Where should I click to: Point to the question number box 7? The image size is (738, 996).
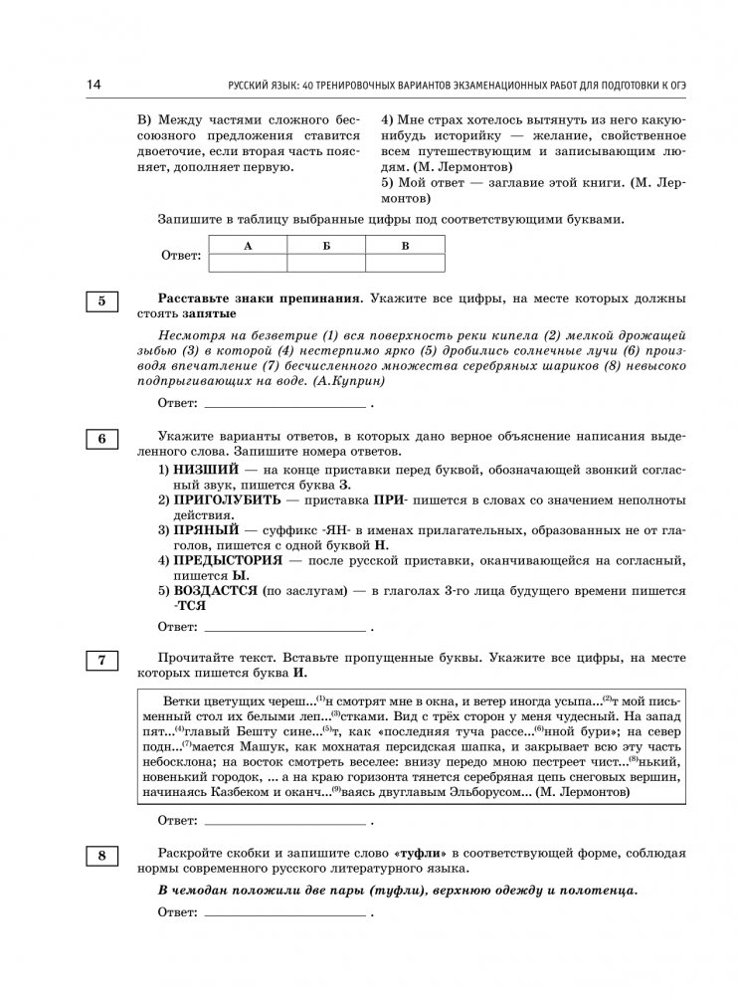tap(101, 660)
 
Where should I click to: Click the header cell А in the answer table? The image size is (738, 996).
tap(248, 245)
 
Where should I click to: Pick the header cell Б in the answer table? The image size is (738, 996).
tap(326, 245)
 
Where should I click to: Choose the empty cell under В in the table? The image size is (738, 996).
tap(405, 263)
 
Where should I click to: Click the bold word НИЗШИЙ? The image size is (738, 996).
tap(206, 468)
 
